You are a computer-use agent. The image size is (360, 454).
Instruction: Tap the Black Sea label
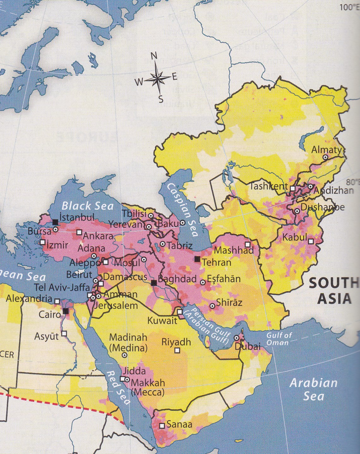87,206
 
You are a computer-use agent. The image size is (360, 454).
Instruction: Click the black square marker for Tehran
197,259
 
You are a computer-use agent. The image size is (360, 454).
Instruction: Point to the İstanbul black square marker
55,222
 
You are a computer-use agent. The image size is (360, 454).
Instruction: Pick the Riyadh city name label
176,342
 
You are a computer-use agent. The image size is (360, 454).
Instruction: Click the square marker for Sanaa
162,426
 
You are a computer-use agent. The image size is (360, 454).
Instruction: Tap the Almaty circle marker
326,157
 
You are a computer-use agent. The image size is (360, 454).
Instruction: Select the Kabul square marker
311,241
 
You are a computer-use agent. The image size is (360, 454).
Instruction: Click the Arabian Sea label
313,390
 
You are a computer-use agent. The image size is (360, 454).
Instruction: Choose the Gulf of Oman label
279,339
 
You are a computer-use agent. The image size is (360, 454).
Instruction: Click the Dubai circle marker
237,338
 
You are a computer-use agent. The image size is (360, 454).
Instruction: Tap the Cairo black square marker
66,311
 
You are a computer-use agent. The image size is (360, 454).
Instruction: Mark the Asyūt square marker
64,333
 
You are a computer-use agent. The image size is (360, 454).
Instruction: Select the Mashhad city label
234,250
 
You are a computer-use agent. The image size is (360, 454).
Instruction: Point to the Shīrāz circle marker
213,306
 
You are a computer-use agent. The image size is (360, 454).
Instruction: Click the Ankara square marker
79,232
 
